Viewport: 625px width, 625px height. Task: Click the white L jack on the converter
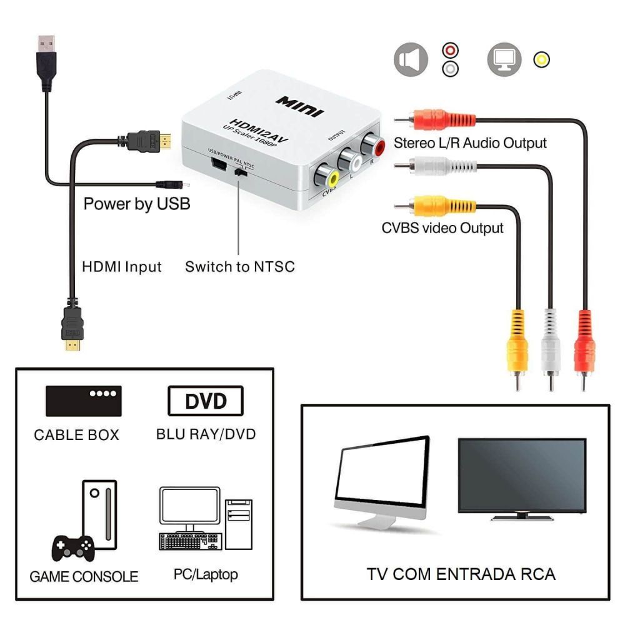pos(351,162)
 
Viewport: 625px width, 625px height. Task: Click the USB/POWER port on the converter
pos(218,165)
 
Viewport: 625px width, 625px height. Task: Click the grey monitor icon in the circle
pos(504,61)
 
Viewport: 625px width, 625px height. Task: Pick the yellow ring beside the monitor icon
pos(541,60)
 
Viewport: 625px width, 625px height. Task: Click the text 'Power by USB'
pos(137,204)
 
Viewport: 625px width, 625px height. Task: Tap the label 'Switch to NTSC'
pos(239,267)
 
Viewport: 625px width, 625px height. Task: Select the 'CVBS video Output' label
pos(442,227)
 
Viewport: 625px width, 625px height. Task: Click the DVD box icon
pos(206,401)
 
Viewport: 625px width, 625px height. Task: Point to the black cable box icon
pos(83,401)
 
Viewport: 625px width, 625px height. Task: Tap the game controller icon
pos(72,548)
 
